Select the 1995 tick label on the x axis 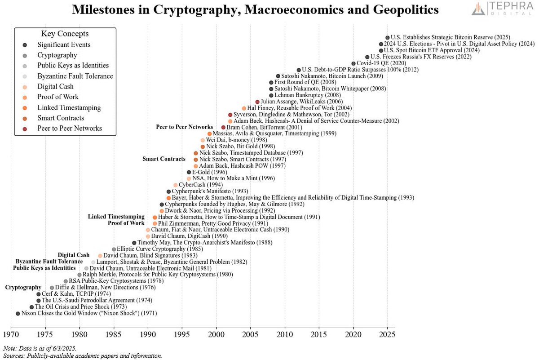coord(182,335)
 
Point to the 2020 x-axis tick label coord(353,335)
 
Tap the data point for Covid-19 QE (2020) coord(353,63)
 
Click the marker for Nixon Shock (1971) coord(18,313)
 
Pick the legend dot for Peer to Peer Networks coord(24,129)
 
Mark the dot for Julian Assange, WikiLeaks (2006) coord(257,102)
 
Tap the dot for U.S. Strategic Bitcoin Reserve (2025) coord(388,38)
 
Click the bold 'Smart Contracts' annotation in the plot coord(164,159)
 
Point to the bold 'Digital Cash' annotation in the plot coord(74,255)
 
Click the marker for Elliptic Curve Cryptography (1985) coord(114,249)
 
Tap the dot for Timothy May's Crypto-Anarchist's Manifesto coord(134,243)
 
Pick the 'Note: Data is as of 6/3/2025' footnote coord(40,348)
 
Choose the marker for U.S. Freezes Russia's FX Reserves coord(367,57)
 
